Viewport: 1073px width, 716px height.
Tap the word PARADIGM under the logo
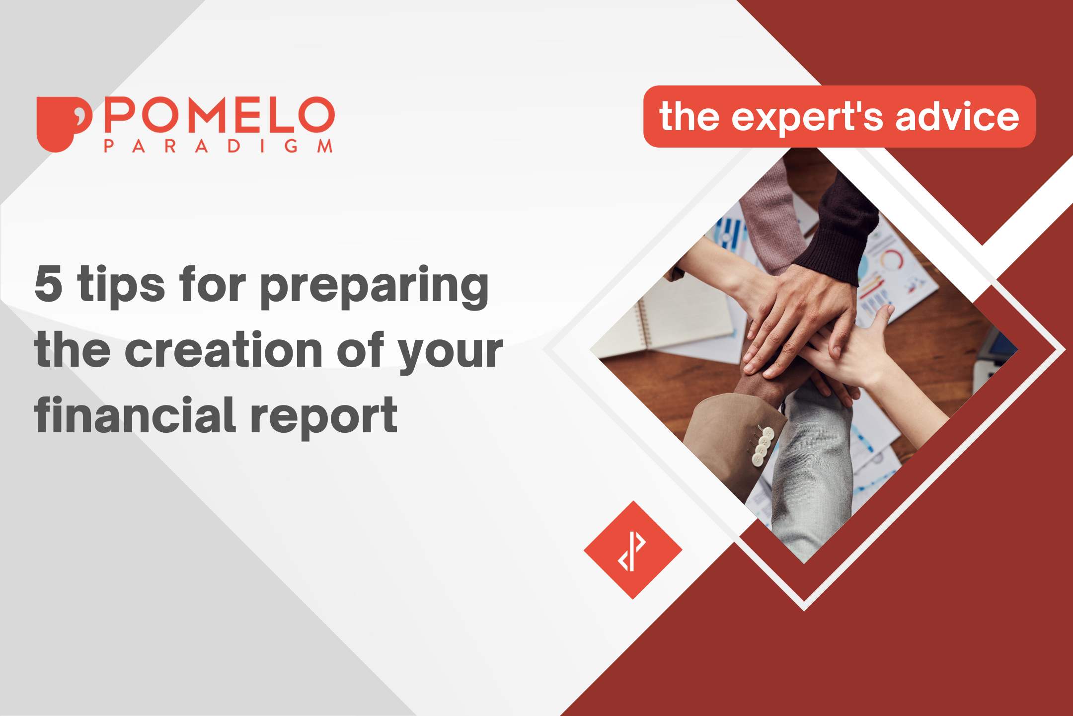click(218, 146)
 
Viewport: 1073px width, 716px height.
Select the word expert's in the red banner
click(807, 117)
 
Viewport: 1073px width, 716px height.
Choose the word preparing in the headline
click(374, 286)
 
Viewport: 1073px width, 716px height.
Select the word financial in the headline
click(135, 415)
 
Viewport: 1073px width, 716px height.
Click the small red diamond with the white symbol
click(632, 550)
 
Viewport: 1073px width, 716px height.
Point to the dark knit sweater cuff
click(840, 234)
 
